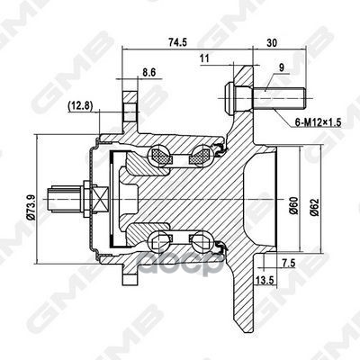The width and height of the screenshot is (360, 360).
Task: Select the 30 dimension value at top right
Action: click(x=271, y=41)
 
